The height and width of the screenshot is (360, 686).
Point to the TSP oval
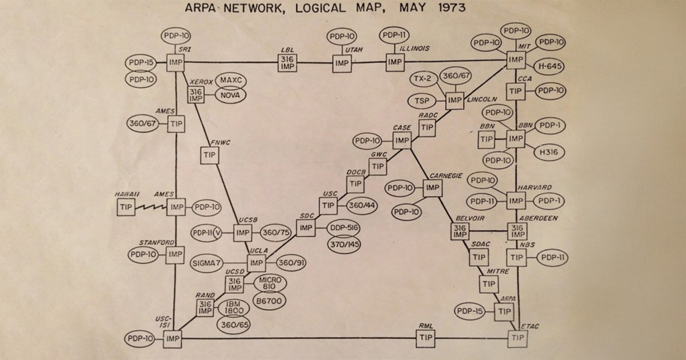(x=421, y=101)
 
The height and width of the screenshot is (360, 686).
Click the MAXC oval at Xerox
(x=232, y=79)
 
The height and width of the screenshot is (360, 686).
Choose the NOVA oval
(x=232, y=94)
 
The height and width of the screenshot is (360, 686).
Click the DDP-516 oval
(x=344, y=228)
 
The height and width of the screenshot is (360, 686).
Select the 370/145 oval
(x=344, y=245)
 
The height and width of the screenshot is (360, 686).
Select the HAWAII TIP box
(x=126, y=207)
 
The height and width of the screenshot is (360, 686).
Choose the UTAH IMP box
(x=342, y=63)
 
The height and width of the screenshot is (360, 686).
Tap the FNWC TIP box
(x=210, y=155)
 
